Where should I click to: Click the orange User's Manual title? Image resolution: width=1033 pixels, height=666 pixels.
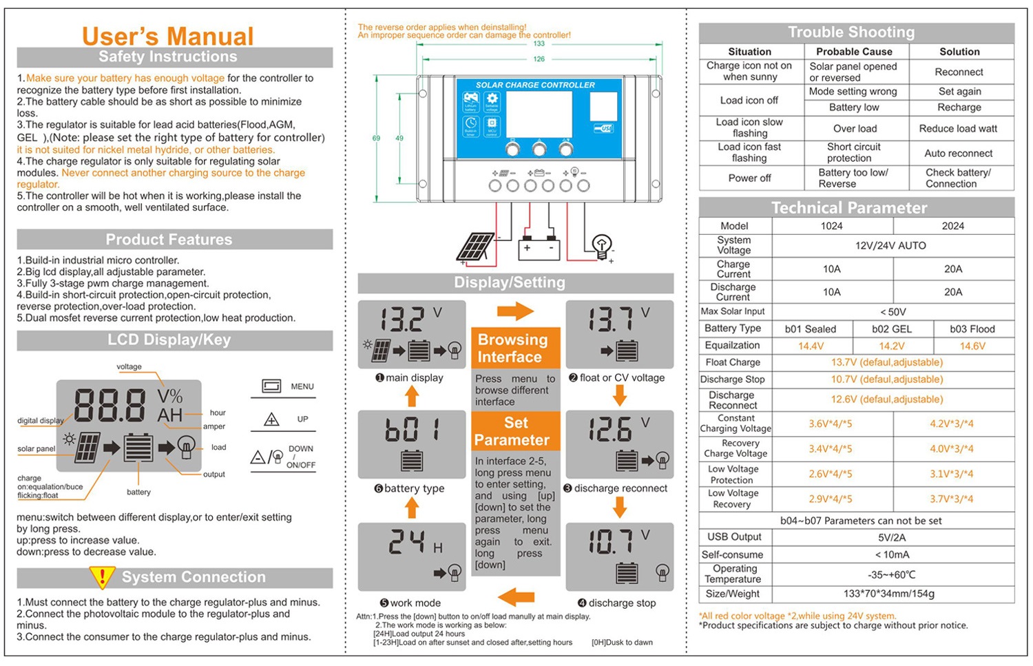point(167,36)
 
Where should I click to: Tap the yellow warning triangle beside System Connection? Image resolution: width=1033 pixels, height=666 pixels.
point(102,577)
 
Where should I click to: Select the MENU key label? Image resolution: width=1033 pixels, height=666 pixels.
point(302,386)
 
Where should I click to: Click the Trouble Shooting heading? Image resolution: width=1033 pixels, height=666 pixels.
point(851,32)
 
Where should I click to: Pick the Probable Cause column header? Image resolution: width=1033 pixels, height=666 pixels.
point(854,52)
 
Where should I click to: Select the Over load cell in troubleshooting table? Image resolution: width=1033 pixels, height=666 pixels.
point(855,129)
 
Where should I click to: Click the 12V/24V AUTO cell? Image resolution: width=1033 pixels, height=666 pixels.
point(890,246)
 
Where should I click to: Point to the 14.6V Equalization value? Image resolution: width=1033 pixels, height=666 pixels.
point(972,346)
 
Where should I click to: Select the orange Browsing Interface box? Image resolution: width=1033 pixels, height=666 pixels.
point(514,348)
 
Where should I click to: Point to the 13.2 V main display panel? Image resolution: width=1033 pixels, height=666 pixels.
point(412,334)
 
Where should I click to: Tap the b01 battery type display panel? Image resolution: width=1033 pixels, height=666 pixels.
point(412,444)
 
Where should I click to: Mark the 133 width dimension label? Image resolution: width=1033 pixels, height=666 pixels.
point(539,44)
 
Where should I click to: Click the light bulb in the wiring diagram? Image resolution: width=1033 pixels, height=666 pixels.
point(601,245)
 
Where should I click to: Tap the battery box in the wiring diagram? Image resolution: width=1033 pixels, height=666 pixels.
point(539,248)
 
